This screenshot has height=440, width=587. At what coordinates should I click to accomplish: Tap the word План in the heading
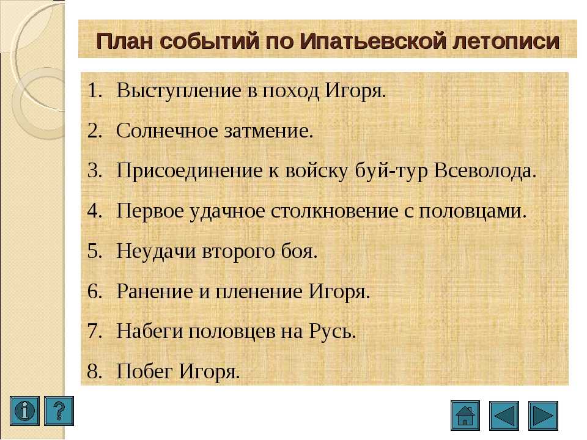pos(125,41)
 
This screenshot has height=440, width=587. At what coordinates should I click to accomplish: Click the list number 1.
pos(95,90)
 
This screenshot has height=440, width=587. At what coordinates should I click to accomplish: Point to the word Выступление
pos(179,91)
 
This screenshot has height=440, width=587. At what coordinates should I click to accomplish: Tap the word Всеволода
pos(485,171)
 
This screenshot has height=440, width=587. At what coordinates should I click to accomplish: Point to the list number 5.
pos(95,251)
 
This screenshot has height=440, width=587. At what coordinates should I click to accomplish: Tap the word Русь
pos(333,331)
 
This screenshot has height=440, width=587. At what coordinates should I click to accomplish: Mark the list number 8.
pos(95,371)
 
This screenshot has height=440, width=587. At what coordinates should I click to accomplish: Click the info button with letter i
pos(24,411)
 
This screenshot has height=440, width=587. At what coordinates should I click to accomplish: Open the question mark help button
pos(59,411)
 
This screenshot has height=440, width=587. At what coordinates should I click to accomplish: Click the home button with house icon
pos(465,416)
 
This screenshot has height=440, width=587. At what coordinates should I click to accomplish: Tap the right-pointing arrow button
pos(543,416)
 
